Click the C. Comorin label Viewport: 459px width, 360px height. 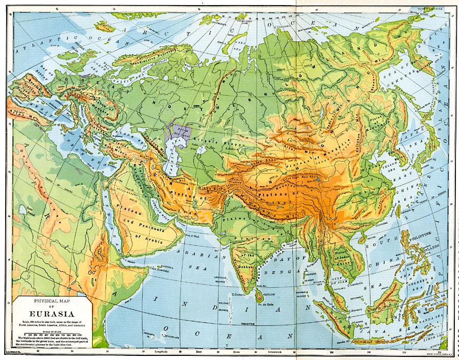tap(239, 295)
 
